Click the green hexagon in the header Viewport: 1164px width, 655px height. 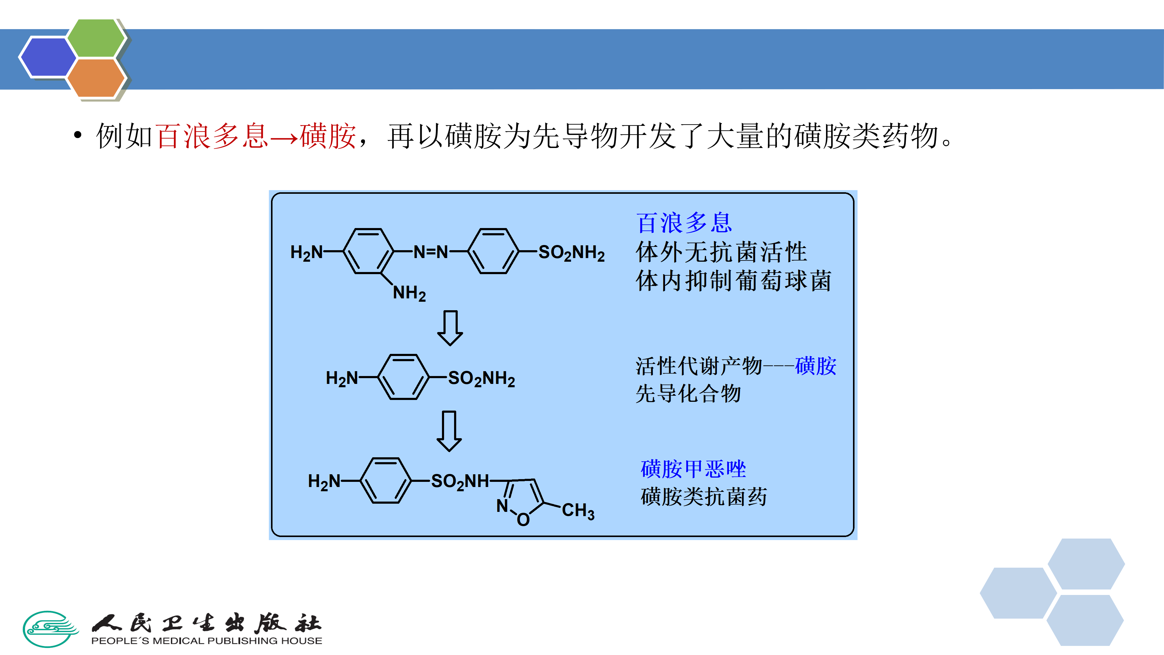[x=96, y=39]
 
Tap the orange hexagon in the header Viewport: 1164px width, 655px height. [x=96, y=78]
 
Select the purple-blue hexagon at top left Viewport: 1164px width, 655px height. [x=48, y=57]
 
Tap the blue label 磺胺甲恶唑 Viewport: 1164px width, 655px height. [x=693, y=469]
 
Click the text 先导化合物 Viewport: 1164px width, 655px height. [x=688, y=393]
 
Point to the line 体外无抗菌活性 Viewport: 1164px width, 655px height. [x=721, y=252]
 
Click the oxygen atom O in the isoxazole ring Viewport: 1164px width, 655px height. [x=523, y=520]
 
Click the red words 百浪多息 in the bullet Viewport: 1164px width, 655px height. [x=212, y=136]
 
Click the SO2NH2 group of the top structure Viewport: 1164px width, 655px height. [x=571, y=253]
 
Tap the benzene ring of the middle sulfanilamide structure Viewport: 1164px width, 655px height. [x=403, y=377]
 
